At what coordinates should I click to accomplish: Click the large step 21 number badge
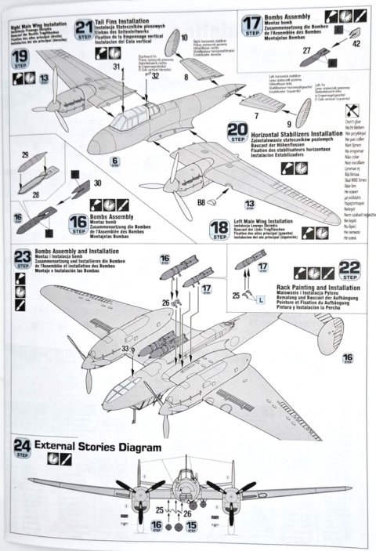[84, 29]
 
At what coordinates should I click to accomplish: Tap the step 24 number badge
[22, 448]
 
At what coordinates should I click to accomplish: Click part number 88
[202, 203]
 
